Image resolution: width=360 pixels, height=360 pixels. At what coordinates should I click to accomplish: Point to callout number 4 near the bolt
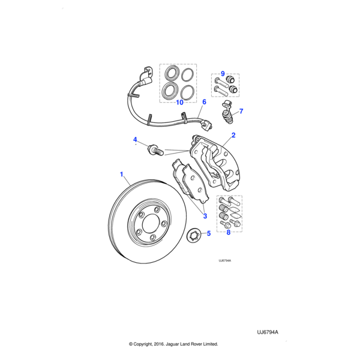[x=135, y=140]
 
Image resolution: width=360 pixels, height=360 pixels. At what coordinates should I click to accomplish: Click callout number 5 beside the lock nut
[x=208, y=233]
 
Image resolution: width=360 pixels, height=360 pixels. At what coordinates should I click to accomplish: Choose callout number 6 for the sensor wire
[x=204, y=102]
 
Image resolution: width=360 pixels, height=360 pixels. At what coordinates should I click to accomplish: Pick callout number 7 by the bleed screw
[x=241, y=111]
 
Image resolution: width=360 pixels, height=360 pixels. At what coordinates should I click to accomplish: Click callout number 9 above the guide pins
[x=222, y=74]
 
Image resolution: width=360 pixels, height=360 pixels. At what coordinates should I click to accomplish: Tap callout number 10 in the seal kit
[x=179, y=103]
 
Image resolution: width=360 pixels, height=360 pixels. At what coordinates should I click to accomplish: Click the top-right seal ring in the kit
[x=188, y=74]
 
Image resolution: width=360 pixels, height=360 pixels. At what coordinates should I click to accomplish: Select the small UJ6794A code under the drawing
[x=224, y=261]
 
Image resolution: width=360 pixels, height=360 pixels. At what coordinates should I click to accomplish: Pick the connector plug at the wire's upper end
[x=146, y=76]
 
